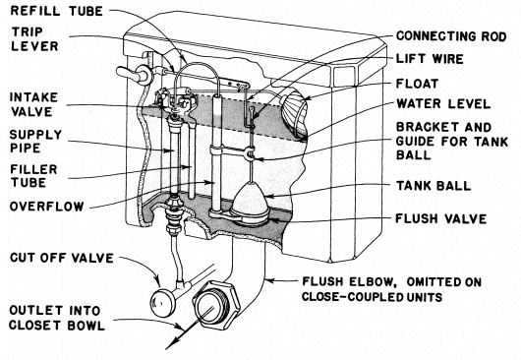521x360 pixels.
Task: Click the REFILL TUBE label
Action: (57, 11)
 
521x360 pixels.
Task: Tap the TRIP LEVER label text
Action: (34, 39)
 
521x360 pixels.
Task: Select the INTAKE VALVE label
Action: (33, 104)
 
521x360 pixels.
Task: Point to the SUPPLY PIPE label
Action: (35, 142)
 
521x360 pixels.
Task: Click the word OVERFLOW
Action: (46, 207)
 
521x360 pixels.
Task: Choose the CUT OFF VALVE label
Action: (62, 258)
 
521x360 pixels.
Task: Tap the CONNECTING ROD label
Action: (451, 36)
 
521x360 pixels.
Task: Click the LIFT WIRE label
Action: (430, 59)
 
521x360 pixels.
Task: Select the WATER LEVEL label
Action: (443, 104)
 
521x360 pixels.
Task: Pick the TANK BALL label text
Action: (434, 186)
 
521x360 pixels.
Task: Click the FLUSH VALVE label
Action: (441, 218)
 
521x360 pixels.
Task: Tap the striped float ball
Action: (294, 114)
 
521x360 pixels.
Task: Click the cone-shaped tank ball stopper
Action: (251, 200)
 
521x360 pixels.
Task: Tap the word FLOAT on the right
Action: (418, 84)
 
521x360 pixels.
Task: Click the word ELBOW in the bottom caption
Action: (373, 282)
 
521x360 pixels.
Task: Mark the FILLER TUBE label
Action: (33, 176)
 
